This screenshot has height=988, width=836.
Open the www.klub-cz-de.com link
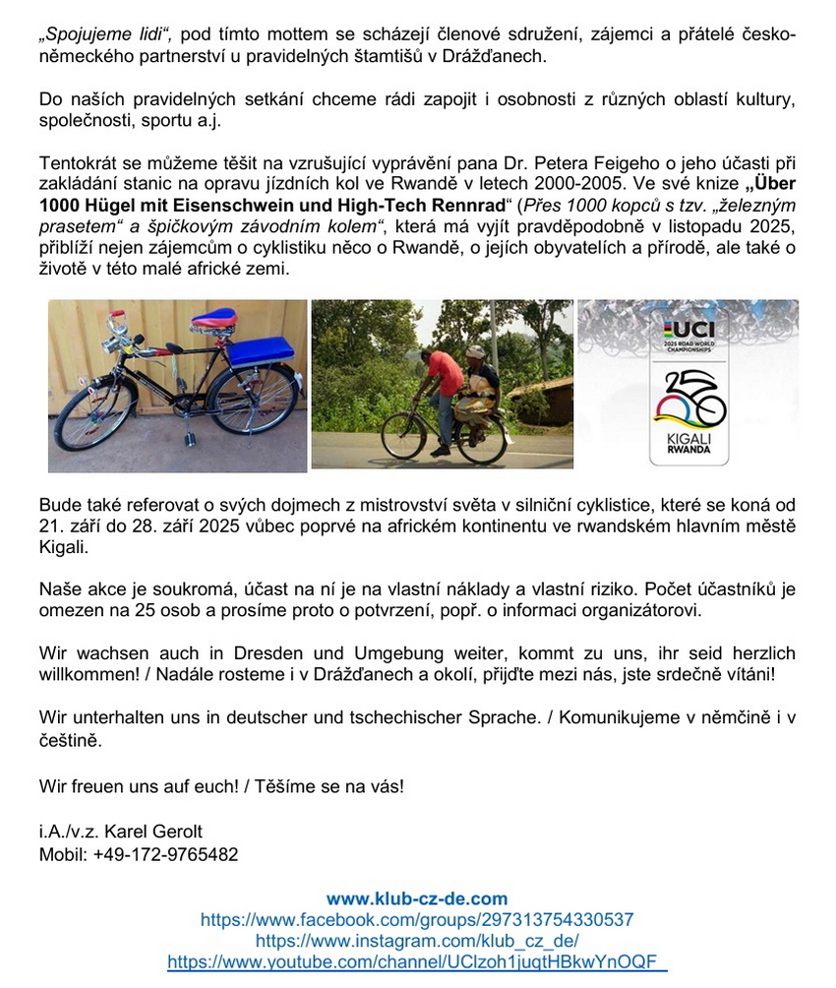pos(417,897)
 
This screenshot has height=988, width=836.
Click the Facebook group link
pos(417,919)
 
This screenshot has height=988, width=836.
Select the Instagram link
pos(417,941)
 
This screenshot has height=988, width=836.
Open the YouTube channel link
pos(417,962)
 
